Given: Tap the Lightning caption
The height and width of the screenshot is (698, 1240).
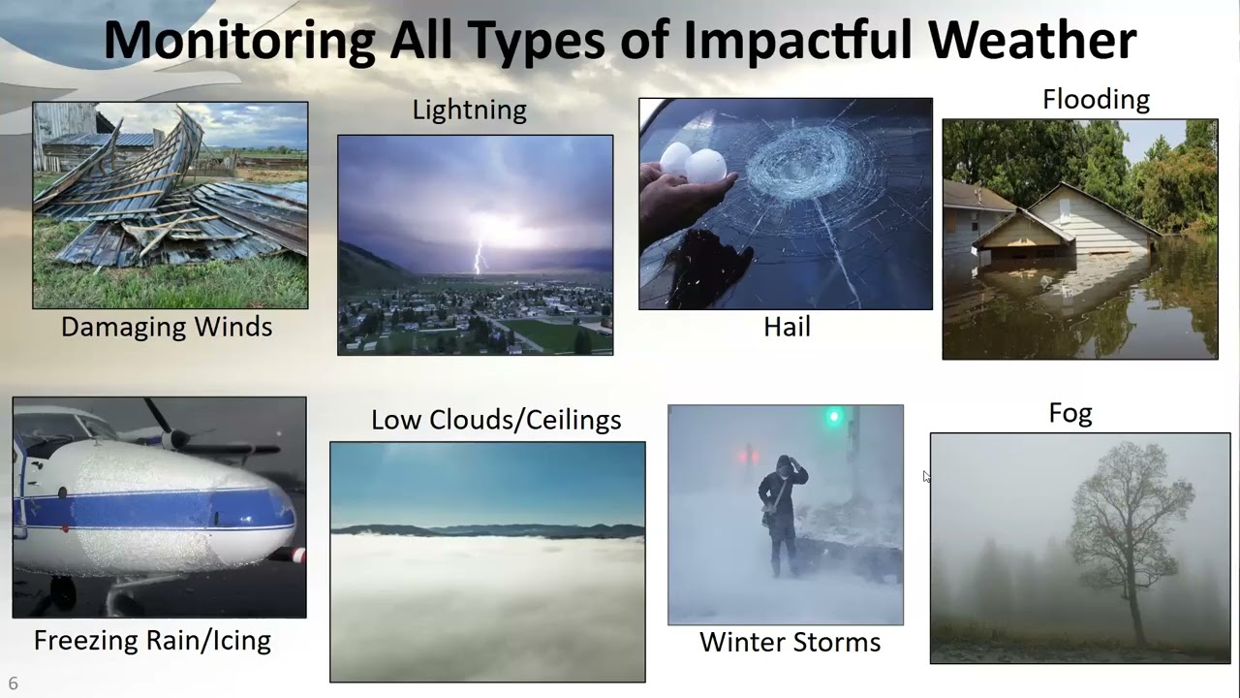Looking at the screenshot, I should click(470, 111).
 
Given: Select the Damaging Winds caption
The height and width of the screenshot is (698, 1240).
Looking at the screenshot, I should click(167, 328).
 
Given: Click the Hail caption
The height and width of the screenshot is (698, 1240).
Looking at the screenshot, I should click(787, 328).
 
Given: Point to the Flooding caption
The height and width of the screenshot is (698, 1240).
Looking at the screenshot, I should click(1096, 100).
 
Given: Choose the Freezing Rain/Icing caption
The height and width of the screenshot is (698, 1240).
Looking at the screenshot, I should click(152, 641).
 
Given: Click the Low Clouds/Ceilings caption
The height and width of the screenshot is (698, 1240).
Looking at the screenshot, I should click(496, 421).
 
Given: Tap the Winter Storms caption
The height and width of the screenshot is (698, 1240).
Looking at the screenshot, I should click(790, 643).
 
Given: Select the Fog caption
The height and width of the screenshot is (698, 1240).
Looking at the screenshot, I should click(1070, 414).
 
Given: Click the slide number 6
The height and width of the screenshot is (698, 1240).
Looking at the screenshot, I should click(14, 683).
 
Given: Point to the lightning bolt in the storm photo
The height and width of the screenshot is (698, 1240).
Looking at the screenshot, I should click(478, 254).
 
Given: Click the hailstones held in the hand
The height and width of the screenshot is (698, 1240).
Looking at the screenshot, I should click(694, 163).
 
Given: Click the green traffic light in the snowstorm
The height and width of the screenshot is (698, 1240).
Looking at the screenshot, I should click(832, 418).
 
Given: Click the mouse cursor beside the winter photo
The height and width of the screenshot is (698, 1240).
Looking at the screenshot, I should click(926, 476).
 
